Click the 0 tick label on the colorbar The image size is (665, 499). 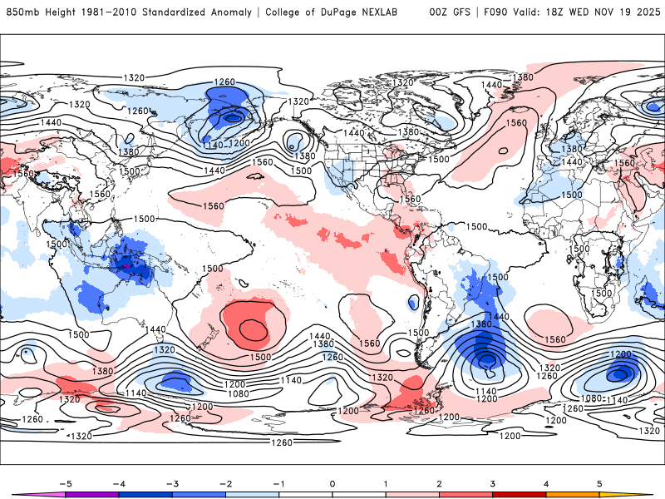pos(332,482)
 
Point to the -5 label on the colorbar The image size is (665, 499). pos(63,482)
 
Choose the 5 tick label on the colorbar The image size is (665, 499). pos(599,482)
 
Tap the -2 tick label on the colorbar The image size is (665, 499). pos(224,482)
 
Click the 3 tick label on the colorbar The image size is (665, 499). pos(493,482)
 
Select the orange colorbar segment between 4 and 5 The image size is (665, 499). pos(573,494)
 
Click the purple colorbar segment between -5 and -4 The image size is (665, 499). pos(91,494)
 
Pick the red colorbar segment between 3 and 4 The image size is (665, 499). pos(520,494)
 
